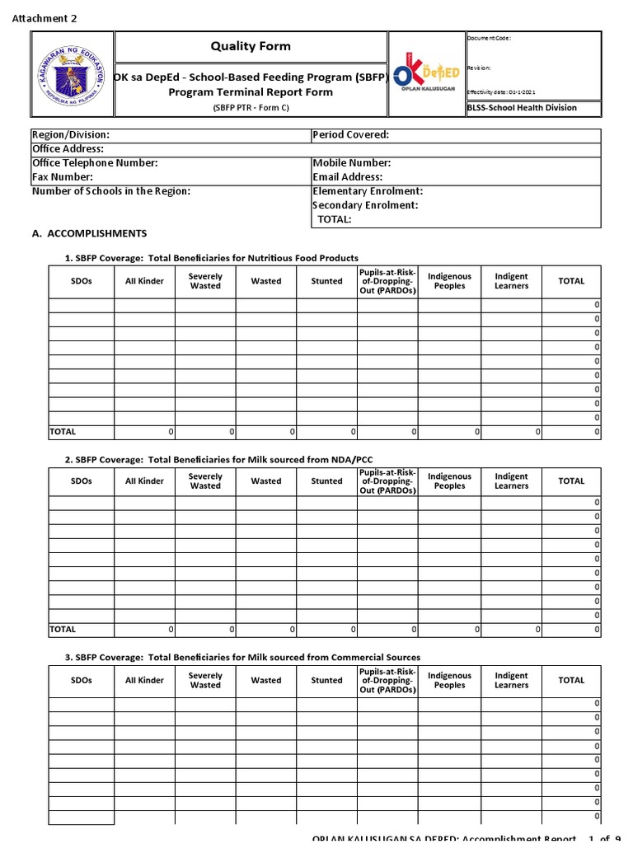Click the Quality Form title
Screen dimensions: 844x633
(x=251, y=46)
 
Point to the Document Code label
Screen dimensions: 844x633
(x=490, y=39)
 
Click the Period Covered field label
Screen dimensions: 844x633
(x=351, y=135)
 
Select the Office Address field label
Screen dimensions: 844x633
(x=68, y=149)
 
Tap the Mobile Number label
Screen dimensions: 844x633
(x=352, y=163)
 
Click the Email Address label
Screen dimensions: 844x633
(x=348, y=177)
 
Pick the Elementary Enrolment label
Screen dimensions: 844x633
(x=368, y=191)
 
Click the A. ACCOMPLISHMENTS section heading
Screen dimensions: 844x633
(x=89, y=234)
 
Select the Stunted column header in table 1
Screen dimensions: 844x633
(x=326, y=281)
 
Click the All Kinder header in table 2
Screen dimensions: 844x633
(x=144, y=481)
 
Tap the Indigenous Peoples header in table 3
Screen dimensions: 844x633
(x=449, y=681)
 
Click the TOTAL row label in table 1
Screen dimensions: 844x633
(x=63, y=431)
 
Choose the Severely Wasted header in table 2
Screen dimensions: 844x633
(x=205, y=481)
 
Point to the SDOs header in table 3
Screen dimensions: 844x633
(x=82, y=681)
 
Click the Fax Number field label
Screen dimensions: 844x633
(x=63, y=177)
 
